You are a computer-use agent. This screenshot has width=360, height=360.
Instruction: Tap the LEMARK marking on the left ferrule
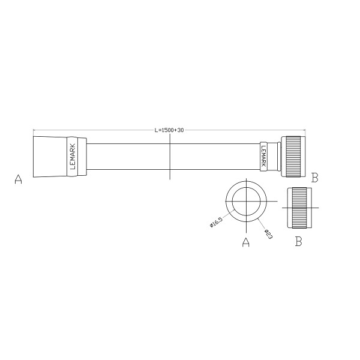pyautogui.click(x=73, y=157)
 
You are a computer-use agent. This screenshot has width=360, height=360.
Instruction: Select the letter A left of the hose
pyautogui.click(x=18, y=179)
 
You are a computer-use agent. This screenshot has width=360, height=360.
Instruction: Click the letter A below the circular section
pyautogui.click(x=245, y=242)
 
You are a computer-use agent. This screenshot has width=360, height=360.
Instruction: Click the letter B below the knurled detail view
pyautogui.click(x=298, y=242)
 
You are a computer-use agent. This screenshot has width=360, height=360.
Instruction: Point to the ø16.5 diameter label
pyautogui.click(x=216, y=222)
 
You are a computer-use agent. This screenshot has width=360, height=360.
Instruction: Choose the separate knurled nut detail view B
pyautogui.click(x=299, y=207)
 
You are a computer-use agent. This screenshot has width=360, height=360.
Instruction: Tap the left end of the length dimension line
pyautogui.click(x=34, y=130)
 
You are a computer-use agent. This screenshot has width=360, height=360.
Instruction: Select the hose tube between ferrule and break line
pyautogui.click(x=129, y=157)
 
